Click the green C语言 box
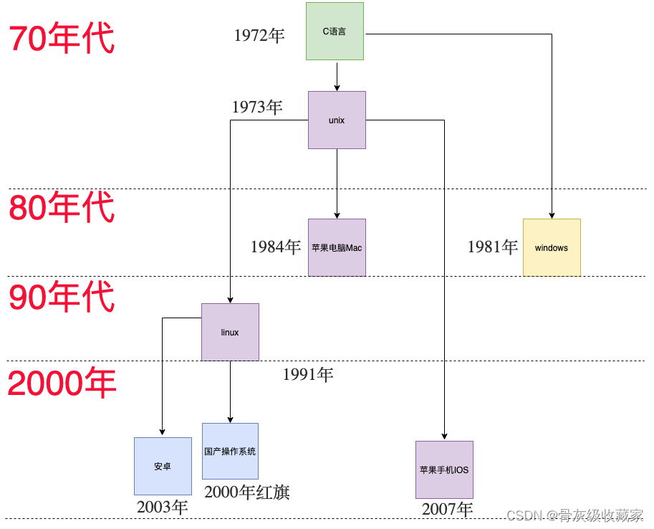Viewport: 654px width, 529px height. pos(335,32)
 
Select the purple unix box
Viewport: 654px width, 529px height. pos(337,120)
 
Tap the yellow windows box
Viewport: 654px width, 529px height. pos(552,248)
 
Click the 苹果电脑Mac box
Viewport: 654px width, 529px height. pos(337,248)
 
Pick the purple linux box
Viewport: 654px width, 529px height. pos(230,333)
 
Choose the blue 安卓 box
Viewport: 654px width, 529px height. pos(163,467)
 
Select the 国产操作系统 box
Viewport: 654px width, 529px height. pos(230,452)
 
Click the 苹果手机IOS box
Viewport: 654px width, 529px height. pos(444,470)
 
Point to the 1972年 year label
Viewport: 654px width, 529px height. pos(259,36)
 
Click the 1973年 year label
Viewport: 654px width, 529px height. pos(257,108)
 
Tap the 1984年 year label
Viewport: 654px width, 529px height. pos(276,247)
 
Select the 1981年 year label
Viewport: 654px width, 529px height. pos(493,247)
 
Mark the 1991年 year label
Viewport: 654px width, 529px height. pos(308,374)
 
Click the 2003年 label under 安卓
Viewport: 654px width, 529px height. pos(163,507)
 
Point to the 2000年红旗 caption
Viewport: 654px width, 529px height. pos(247,492)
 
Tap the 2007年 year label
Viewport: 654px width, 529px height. pos(448,510)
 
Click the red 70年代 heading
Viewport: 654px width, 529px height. pos(62,38)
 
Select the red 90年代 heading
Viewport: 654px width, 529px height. pos(62,297)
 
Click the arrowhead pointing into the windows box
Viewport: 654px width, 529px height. pos(552,216)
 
